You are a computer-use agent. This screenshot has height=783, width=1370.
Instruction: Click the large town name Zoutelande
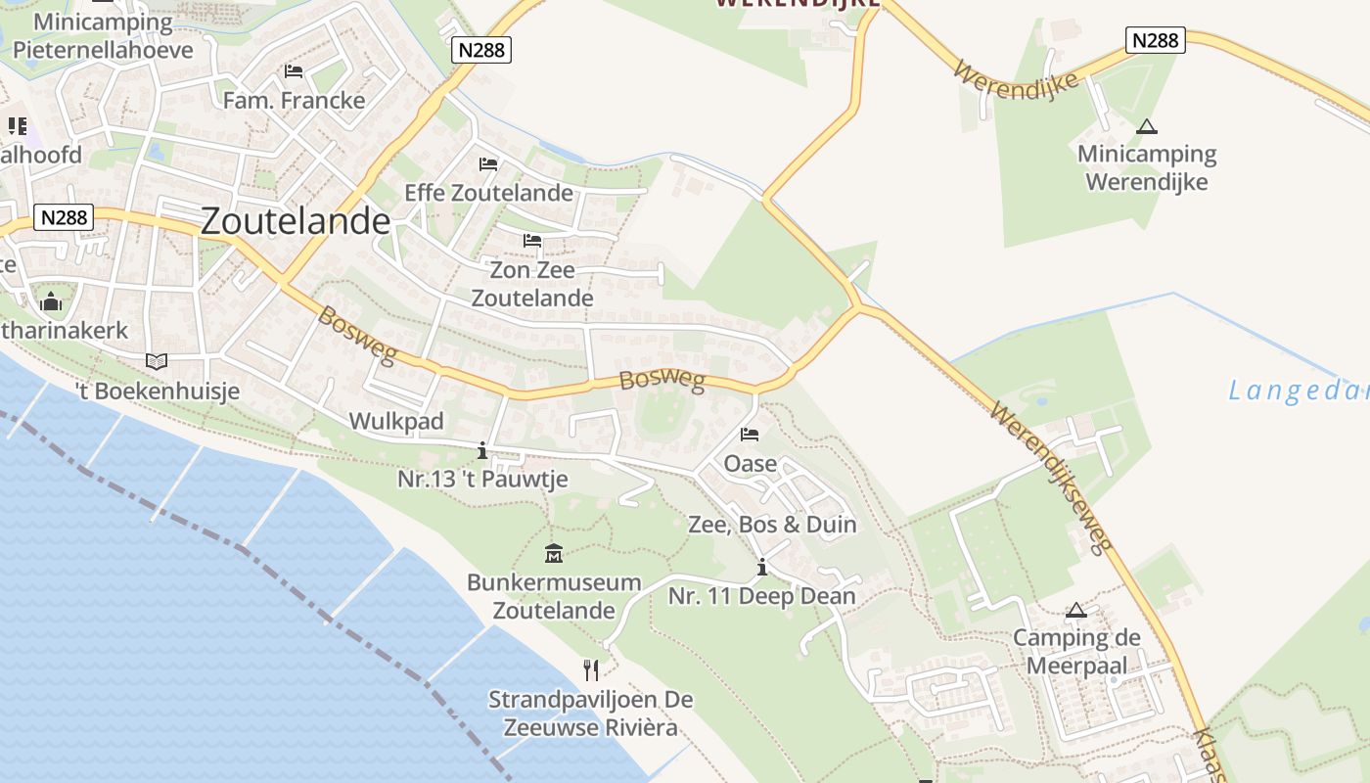(296, 221)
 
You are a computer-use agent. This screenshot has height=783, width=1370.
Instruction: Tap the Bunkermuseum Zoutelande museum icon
(554, 554)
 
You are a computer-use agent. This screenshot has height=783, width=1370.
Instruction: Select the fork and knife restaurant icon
(590, 669)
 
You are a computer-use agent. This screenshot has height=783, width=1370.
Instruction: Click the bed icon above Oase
(750, 435)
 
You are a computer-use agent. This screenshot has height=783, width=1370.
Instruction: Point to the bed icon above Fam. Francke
(293, 71)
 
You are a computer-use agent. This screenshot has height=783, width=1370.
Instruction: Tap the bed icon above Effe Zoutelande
(488, 163)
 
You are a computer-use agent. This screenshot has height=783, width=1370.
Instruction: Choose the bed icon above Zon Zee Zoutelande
(532, 241)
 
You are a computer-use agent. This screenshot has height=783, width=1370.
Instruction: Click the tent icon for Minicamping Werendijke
(1146, 126)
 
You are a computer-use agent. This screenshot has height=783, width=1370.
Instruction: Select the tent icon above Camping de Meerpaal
(1076, 611)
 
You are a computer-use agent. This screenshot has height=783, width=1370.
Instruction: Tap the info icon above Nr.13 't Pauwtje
(481, 450)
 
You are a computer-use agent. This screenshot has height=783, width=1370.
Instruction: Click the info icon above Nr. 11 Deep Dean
(761, 567)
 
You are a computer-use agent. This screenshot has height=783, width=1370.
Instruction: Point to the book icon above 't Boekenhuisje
(157, 361)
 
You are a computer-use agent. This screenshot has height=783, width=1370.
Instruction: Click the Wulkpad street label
(396, 422)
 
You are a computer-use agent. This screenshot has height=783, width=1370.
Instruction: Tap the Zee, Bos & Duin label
(772, 525)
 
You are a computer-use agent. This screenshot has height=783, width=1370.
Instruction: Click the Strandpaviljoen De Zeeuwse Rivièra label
(590, 714)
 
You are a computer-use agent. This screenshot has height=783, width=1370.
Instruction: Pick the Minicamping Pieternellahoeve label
(104, 36)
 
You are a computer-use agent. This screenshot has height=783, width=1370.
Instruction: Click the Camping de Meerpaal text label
(1076, 652)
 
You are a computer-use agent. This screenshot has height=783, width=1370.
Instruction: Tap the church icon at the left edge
(51, 301)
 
